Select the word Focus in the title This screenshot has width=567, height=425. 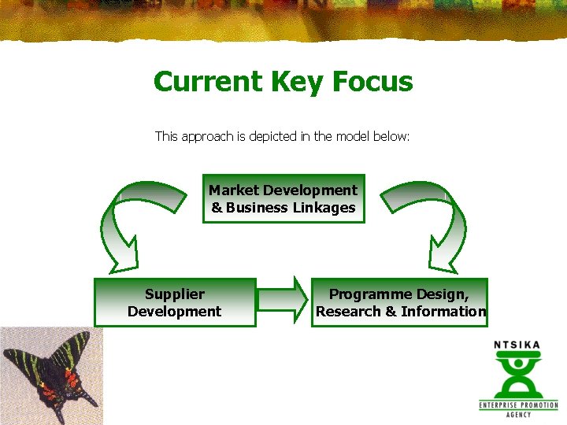pos(372,82)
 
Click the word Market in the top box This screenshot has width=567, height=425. pos(234,190)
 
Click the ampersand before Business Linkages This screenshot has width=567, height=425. pos(217,208)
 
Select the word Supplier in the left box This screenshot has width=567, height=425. pos(175,294)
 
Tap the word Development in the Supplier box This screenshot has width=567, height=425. pos(175,312)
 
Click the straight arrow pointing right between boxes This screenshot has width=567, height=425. pos(282,300)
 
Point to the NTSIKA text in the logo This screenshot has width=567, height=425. pos(517,344)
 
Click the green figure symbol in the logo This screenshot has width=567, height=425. pos(517,374)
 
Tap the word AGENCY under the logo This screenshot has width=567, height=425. pos(518,415)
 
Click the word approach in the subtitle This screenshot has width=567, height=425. pos(208,137)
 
